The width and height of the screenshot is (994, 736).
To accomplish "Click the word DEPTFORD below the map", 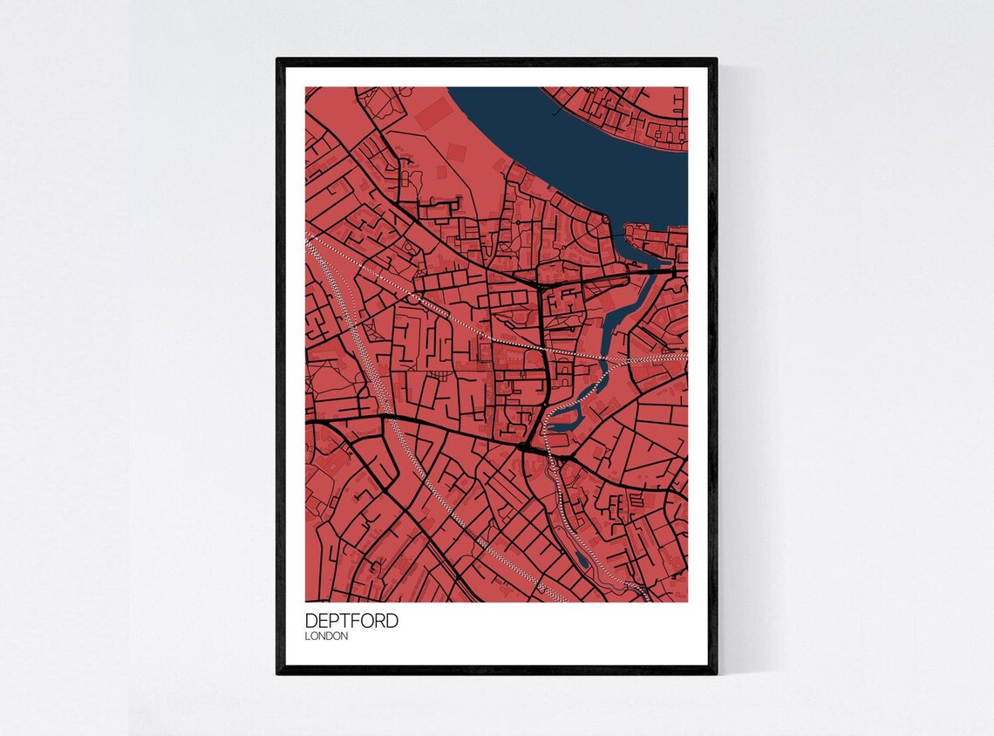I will (351, 621).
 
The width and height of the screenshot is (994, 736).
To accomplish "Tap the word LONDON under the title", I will (327, 637).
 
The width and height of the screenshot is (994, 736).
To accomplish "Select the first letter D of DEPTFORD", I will (310, 621).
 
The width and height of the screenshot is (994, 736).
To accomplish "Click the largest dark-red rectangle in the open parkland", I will (433, 114).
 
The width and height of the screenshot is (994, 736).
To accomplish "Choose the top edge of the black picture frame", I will (497, 61).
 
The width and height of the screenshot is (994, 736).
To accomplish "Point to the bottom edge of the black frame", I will (497, 670).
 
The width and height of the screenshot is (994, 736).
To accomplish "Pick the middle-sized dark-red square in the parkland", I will (456, 151).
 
